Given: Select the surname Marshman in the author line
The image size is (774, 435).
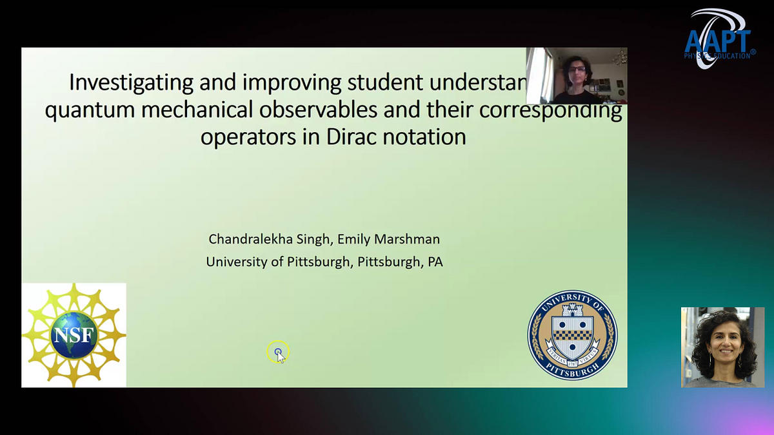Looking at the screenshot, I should pyautogui.click(x=410, y=240).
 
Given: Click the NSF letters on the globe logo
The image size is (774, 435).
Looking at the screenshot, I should pyautogui.click(x=74, y=335).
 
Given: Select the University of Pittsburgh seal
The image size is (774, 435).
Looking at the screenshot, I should pyautogui.click(x=572, y=334).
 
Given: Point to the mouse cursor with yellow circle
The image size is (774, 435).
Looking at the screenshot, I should pyautogui.click(x=278, y=353).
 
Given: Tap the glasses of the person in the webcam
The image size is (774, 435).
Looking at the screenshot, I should pyautogui.click(x=575, y=69).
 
